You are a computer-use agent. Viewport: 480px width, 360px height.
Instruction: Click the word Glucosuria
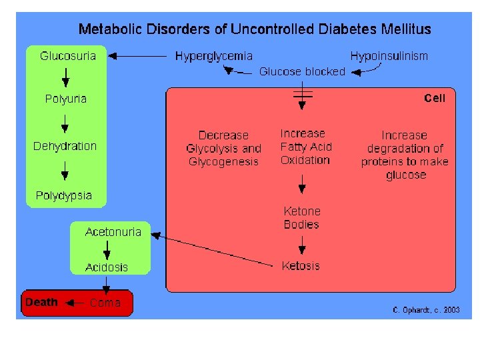(68, 56)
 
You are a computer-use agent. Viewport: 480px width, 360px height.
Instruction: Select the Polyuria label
(65, 99)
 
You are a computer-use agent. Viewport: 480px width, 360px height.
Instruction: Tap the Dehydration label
(65, 146)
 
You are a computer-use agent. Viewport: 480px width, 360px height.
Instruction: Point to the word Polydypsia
(64, 196)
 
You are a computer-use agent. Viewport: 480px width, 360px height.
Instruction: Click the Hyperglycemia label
(214, 56)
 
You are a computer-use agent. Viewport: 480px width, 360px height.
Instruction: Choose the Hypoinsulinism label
(389, 56)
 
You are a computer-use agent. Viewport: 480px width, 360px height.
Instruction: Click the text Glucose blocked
(302, 71)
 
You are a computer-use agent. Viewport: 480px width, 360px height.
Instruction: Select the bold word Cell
(435, 98)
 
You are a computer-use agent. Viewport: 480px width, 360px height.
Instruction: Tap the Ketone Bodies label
(302, 218)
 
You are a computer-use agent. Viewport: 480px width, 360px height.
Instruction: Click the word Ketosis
(301, 266)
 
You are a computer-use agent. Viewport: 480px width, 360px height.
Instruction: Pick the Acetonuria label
(113, 232)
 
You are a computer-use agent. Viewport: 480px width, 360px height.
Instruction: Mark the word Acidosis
(107, 267)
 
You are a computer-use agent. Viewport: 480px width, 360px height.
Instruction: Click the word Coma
(105, 303)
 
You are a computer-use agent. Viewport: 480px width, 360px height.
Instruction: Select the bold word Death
(41, 303)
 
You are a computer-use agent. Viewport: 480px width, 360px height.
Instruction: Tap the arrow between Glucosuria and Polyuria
(65, 77)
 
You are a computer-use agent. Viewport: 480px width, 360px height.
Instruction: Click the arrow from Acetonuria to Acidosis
(107, 249)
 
